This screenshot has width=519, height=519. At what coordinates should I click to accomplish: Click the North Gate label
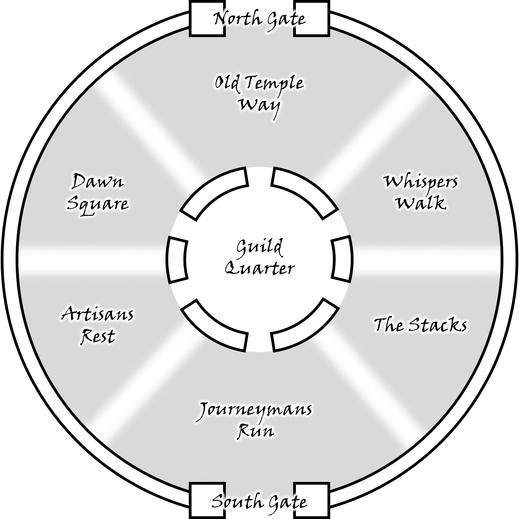[x=259, y=19]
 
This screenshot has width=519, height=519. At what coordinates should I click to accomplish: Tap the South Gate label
[x=259, y=502]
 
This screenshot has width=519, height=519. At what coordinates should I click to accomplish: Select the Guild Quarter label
[x=259, y=257]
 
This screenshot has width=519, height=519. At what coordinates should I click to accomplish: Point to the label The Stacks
[x=420, y=325]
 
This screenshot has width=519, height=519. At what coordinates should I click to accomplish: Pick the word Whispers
[x=420, y=182]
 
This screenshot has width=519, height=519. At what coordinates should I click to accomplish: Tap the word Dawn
[x=97, y=181]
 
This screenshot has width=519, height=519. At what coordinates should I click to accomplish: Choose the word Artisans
[x=97, y=314]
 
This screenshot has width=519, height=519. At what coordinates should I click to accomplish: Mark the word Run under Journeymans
[x=256, y=431]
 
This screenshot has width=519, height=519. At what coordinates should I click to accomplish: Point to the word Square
[x=97, y=204]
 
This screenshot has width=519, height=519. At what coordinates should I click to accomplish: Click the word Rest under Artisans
[x=97, y=336]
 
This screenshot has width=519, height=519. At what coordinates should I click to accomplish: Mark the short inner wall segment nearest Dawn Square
[x=177, y=259]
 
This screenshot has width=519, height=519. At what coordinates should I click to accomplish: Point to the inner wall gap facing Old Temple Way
[x=259, y=175]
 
